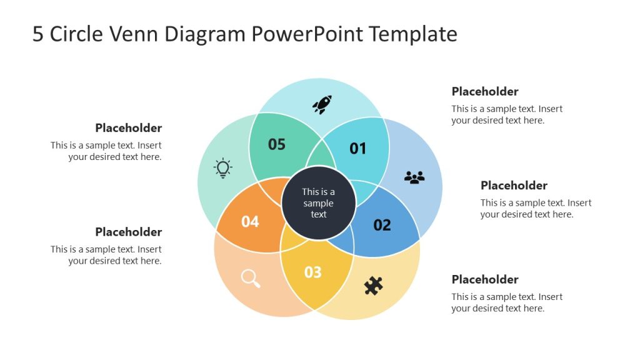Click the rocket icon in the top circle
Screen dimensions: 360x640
322,104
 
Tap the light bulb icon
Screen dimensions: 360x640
223,168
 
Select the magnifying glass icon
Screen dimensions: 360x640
250,278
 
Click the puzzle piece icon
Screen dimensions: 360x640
373,286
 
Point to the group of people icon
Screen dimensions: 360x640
414,177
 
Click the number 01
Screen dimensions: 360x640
357,148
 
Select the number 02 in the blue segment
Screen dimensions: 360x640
382,225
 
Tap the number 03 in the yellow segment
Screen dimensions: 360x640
312,272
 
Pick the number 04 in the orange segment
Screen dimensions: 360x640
250,221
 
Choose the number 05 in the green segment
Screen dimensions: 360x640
276,144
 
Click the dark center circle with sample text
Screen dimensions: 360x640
319,203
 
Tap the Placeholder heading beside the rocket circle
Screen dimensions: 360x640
485,91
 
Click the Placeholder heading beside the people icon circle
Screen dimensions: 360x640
514,185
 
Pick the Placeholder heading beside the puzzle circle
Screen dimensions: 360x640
485,279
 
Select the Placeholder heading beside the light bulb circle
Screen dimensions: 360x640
128,128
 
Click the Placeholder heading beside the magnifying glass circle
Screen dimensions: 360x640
128,232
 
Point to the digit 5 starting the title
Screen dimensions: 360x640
38,34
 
